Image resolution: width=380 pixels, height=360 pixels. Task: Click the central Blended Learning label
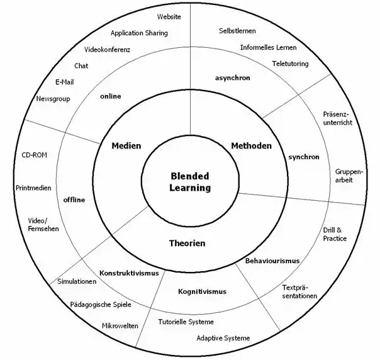click(x=190, y=182)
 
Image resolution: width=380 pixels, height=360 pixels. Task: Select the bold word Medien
click(x=126, y=145)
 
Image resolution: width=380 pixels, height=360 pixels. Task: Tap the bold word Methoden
click(x=251, y=145)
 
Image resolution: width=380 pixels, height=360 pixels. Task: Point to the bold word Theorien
click(x=187, y=243)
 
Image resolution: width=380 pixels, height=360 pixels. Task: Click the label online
click(x=111, y=96)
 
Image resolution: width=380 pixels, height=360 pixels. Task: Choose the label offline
click(x=74, y=200)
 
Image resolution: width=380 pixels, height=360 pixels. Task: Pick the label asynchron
click(x=232, y=78)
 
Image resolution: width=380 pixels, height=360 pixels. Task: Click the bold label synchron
click(x=304, y=157)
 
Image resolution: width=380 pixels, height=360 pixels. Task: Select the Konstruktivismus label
click(x=129, y=273)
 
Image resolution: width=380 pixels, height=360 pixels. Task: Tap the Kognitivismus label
click(x=202, y=291)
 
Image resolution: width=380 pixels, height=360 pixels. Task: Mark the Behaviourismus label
click(x=272, y=261)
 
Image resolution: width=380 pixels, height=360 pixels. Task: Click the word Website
click(x=169, y=17)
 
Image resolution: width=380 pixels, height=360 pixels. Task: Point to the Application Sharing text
click(x=139, y=33)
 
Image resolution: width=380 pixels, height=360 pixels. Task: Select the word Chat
click(x=81, y=65)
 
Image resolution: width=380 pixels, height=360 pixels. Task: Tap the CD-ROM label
click(x=34, y=155)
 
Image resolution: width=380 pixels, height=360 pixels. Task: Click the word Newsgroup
click(x=53, y=99)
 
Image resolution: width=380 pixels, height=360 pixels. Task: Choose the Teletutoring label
click(x=290, y=64)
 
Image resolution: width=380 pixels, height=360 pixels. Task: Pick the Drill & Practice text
click(x=335, y=234)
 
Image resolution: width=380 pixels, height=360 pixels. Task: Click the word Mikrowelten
click(x=120, y=326)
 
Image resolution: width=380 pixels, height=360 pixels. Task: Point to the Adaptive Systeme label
click(x=223, y=338)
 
